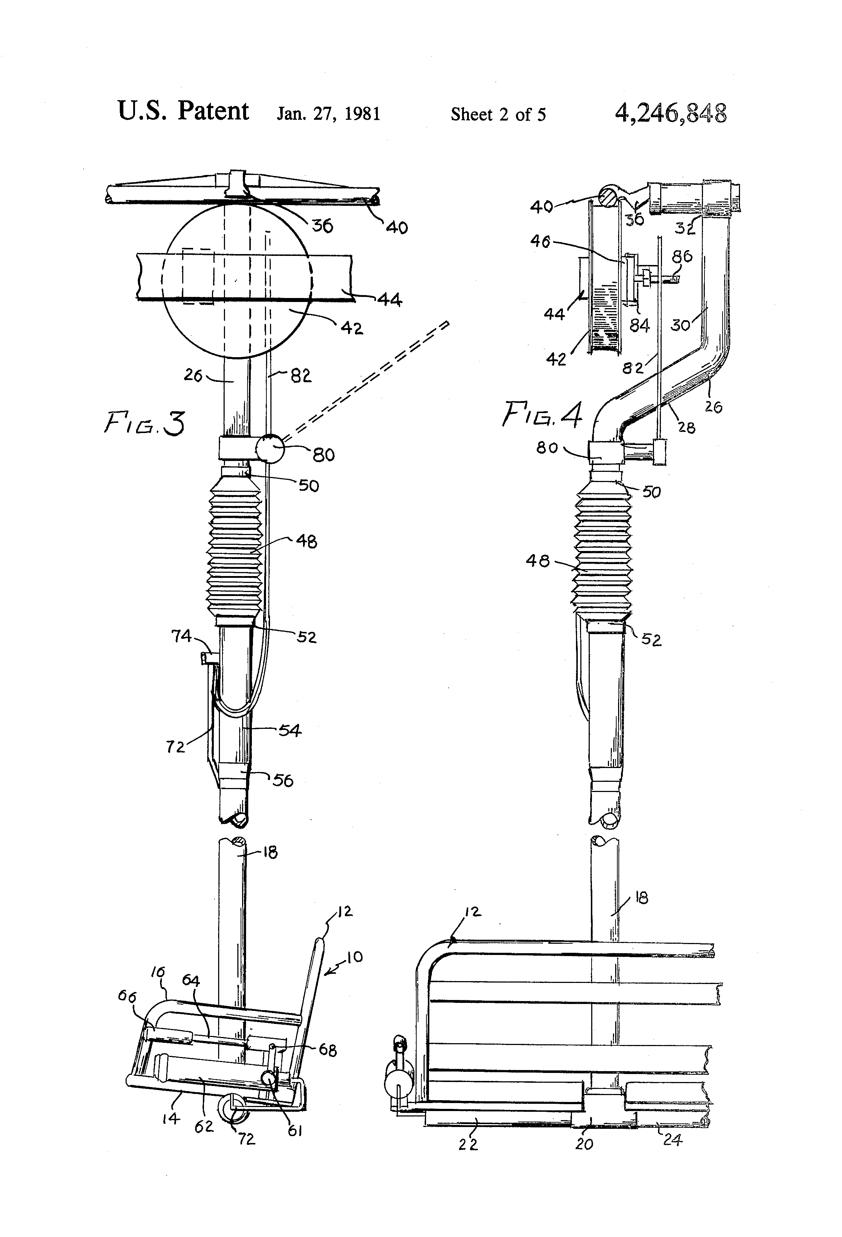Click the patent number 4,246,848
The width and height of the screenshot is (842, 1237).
coord(671,113)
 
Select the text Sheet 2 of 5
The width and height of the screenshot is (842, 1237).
coord(498,114)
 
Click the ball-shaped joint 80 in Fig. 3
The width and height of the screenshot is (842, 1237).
coord(270,448)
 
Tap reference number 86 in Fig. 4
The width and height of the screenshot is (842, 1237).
coord(682,257)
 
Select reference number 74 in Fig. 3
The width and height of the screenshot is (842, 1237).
coord(181,636)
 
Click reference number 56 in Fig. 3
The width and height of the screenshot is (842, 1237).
coord(283,781)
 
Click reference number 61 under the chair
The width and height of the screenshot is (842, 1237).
coord(295,1131)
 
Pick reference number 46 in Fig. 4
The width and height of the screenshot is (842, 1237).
coord(540,242)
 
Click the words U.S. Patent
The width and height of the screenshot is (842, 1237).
coord(183,110)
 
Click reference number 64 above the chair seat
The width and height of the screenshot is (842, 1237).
coord(191,980)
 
